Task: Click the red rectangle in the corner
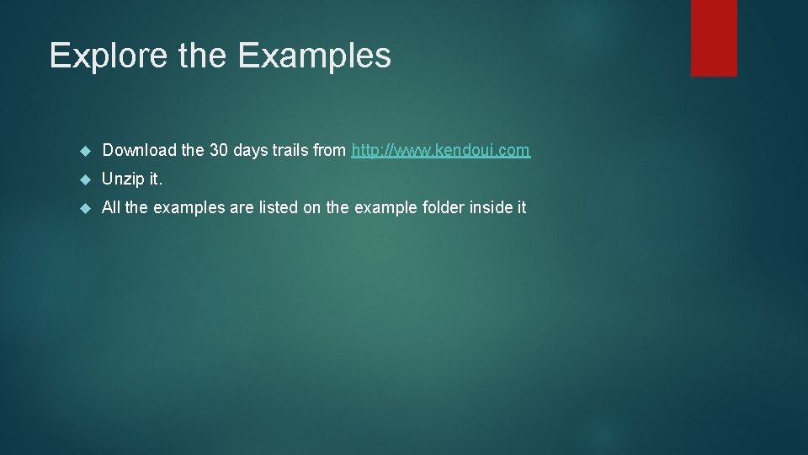point(714,37)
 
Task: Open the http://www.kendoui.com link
point(440,151)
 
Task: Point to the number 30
point(218,151)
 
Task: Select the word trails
point(289,151)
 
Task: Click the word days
point(249,151)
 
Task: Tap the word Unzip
point(124,179)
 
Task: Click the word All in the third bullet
point(111,207)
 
